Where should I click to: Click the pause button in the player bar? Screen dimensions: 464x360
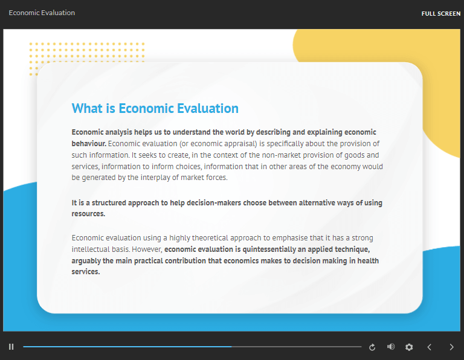tap(11, 347)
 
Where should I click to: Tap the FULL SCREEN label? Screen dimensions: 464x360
tap(441, 14)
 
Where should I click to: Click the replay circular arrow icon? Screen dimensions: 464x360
tap(372, 347)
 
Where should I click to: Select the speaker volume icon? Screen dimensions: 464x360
tap(391, 347)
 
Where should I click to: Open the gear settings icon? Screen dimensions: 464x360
tap(409, 347)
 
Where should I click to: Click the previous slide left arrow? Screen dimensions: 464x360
tap(430, 347)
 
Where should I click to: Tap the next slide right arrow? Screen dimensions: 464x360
tap(451, 347)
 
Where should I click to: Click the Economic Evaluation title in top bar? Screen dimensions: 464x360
tap(42, 13)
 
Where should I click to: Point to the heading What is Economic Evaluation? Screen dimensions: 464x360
tap(155, 108)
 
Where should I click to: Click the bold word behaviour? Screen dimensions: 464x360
tap(89, 144)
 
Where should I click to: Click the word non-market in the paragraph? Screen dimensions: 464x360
tap(281, 155)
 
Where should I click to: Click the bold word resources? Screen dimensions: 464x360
tap(88, 214)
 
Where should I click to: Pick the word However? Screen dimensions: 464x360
tap(147, 249)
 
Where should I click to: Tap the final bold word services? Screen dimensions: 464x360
tap(86, 272)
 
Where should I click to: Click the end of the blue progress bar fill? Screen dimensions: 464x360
tap(231, 346)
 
